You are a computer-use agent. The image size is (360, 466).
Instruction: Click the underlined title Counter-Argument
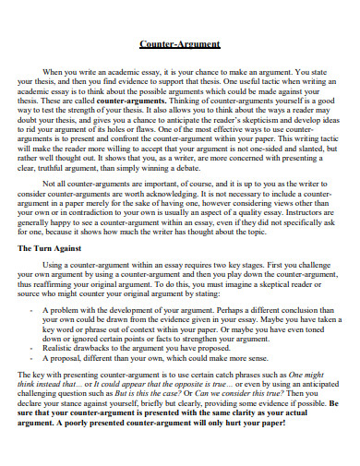(x=179, y=43)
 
